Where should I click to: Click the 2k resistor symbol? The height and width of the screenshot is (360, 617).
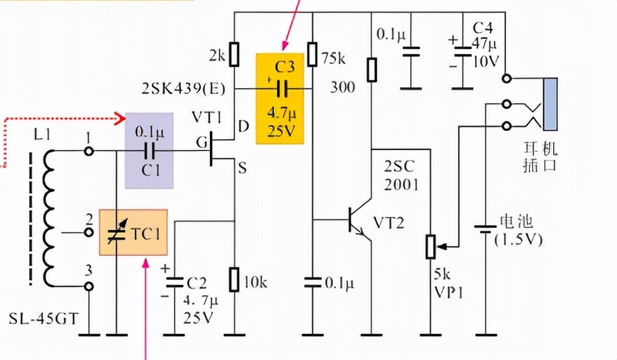[234, 54]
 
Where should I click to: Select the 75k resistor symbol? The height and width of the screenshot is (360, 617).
[312, 54]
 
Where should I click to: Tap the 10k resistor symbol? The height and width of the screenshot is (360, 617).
[234, 280]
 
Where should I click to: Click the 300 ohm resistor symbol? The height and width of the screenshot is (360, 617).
[371, 69]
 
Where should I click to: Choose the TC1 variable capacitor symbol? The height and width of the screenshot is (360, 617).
[118, 234]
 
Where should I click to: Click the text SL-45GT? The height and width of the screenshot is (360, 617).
[41, 318]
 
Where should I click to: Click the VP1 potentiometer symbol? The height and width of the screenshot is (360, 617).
[430, 245]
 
